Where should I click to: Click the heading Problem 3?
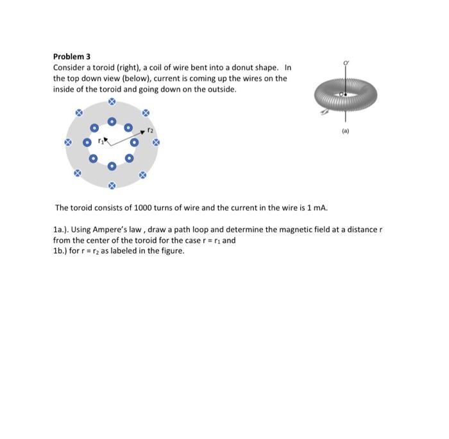[72, 57]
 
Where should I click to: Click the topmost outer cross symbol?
[112, 101]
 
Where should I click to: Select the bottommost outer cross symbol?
[111, 186]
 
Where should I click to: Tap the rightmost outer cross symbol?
[155, 142]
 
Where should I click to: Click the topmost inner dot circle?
[111, 121]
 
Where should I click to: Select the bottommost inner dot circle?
[111, 166]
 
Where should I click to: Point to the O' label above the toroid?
[347, 62]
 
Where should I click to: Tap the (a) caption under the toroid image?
[346, 136]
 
